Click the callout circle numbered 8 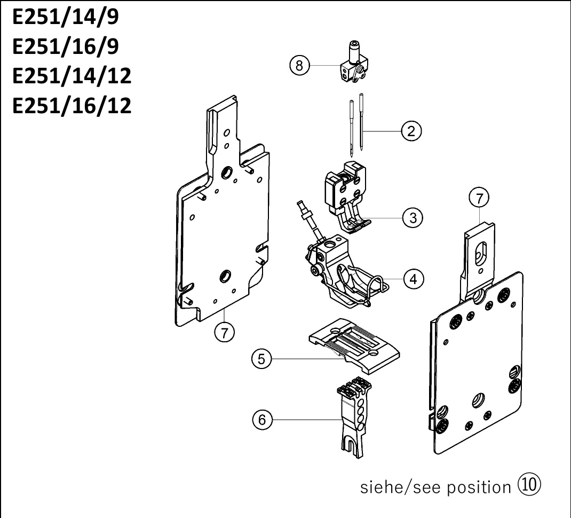click(299, 66)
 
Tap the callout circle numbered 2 click(411, 131)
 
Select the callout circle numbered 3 click(413, 218)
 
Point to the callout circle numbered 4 click(414, 279)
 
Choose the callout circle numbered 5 click(261, 359)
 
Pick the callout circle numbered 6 click(262, 420)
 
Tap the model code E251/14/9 click(66, 17)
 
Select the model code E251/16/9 click(66, 46)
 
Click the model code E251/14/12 click(72, 76)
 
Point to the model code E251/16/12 click(72, 106)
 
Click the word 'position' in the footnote click(479, 488)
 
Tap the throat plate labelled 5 click(354, 346)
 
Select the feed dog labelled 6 click(353, 418)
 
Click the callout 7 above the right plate click(479, 198)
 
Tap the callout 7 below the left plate click(224, 332)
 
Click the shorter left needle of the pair click(352, 128)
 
